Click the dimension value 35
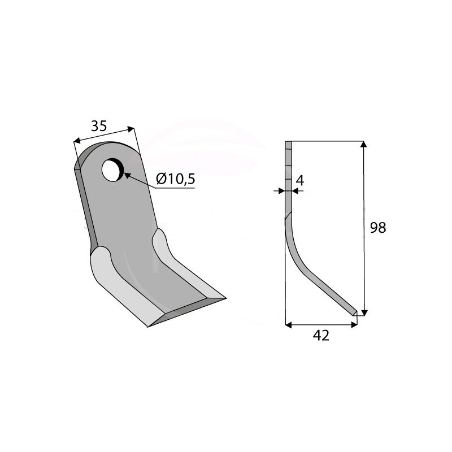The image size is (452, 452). (99, 126)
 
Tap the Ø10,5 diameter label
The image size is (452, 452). (176, 179)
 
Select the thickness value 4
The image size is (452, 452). (300, 181)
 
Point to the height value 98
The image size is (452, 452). (378, 228)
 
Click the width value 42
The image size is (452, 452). (321, 336)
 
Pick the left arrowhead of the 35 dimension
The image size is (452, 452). (77, 141)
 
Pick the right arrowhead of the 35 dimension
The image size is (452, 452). (131, 129)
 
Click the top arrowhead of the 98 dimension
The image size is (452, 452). (364, 144)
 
